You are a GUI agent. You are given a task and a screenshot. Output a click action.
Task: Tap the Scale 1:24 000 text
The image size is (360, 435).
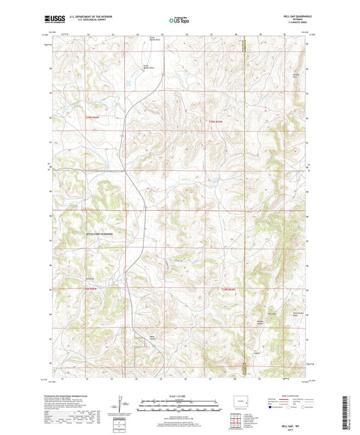pos(179,396)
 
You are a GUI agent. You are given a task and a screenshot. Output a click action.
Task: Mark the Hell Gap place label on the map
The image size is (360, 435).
pos(273,312)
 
